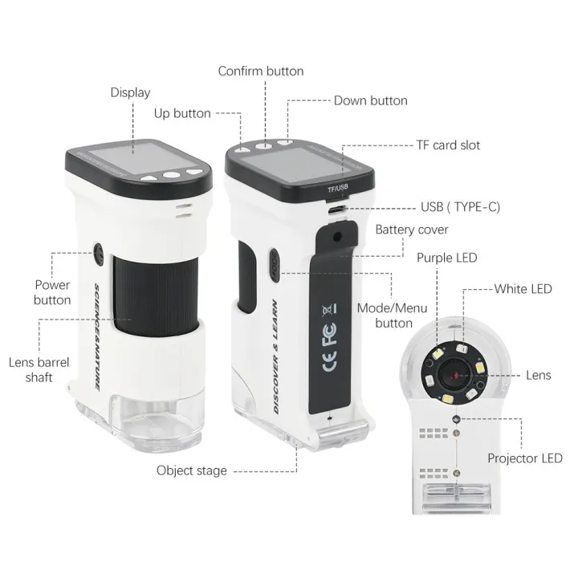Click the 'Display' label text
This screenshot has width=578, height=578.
pos(130,92)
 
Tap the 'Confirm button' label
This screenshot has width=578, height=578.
pos(261,71)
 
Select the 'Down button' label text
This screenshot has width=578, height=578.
pos(370,100)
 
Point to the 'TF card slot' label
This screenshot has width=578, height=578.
pos(448,145)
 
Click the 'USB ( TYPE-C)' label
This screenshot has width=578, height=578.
pos(460,206)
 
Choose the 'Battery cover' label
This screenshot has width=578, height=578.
pos(412,230)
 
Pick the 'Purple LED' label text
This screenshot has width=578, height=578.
pos(446,258)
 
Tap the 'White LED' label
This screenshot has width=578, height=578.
pos(523,288)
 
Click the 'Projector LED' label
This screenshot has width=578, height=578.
pos(525,458)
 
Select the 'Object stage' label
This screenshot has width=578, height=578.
pos(191,470)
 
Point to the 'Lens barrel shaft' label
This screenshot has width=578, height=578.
pos(39,370)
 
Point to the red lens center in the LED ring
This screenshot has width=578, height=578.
pos(454,375)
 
